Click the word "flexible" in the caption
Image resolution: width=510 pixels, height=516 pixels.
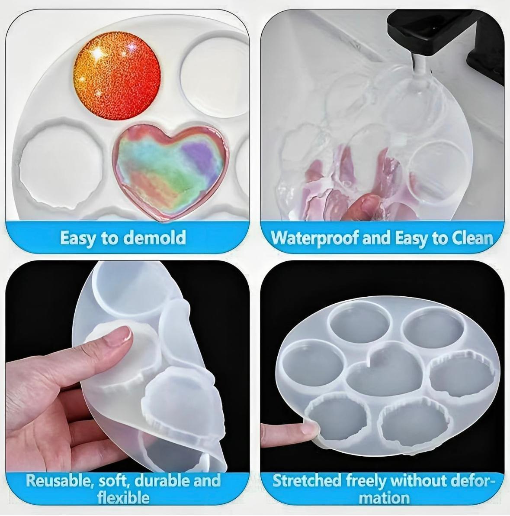(123, 497)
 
